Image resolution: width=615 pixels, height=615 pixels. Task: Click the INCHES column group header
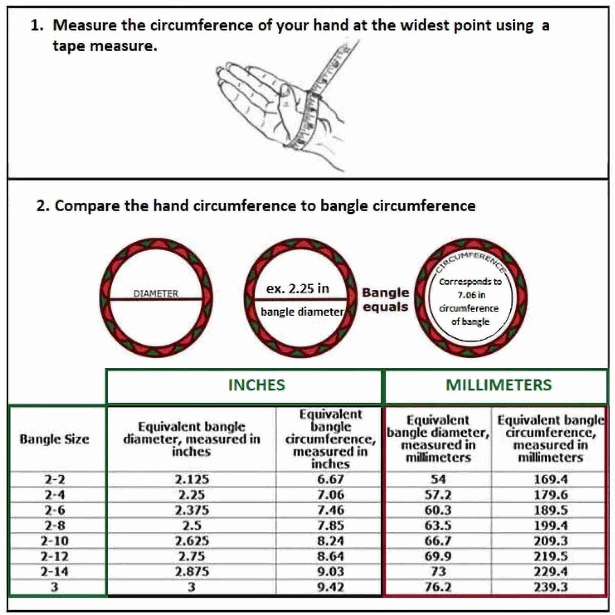(257, 385)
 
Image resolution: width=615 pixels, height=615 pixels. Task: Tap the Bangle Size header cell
(54, 439)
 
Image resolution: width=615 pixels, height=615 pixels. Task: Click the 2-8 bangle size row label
(55, 525)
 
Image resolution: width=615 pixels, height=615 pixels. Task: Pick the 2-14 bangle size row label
(54, 572)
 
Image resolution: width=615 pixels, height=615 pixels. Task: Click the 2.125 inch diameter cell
(192, 479)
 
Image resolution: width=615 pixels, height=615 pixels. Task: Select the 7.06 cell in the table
(330, 495)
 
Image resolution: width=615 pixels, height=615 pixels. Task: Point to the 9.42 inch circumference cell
(330, 587)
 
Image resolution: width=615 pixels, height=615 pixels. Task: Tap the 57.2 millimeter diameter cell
(438, 495)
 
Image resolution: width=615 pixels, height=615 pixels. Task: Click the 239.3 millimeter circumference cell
(551, 587)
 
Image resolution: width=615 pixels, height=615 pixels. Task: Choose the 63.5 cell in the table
(438, 525)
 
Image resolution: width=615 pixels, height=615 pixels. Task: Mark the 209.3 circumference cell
(551, 541)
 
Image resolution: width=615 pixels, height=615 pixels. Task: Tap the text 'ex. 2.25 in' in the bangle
(298, 289)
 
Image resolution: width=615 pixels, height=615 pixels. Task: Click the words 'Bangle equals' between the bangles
(385, 300)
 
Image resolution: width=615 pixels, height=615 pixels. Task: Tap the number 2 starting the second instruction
(41, 206)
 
